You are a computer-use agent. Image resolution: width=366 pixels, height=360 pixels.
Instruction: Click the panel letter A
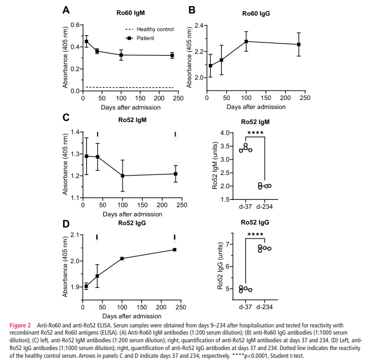[66, 10]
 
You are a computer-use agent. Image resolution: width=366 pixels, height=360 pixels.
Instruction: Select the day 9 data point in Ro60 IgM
[86, 41]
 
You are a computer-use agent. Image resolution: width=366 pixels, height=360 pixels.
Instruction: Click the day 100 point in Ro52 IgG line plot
[122, 258]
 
